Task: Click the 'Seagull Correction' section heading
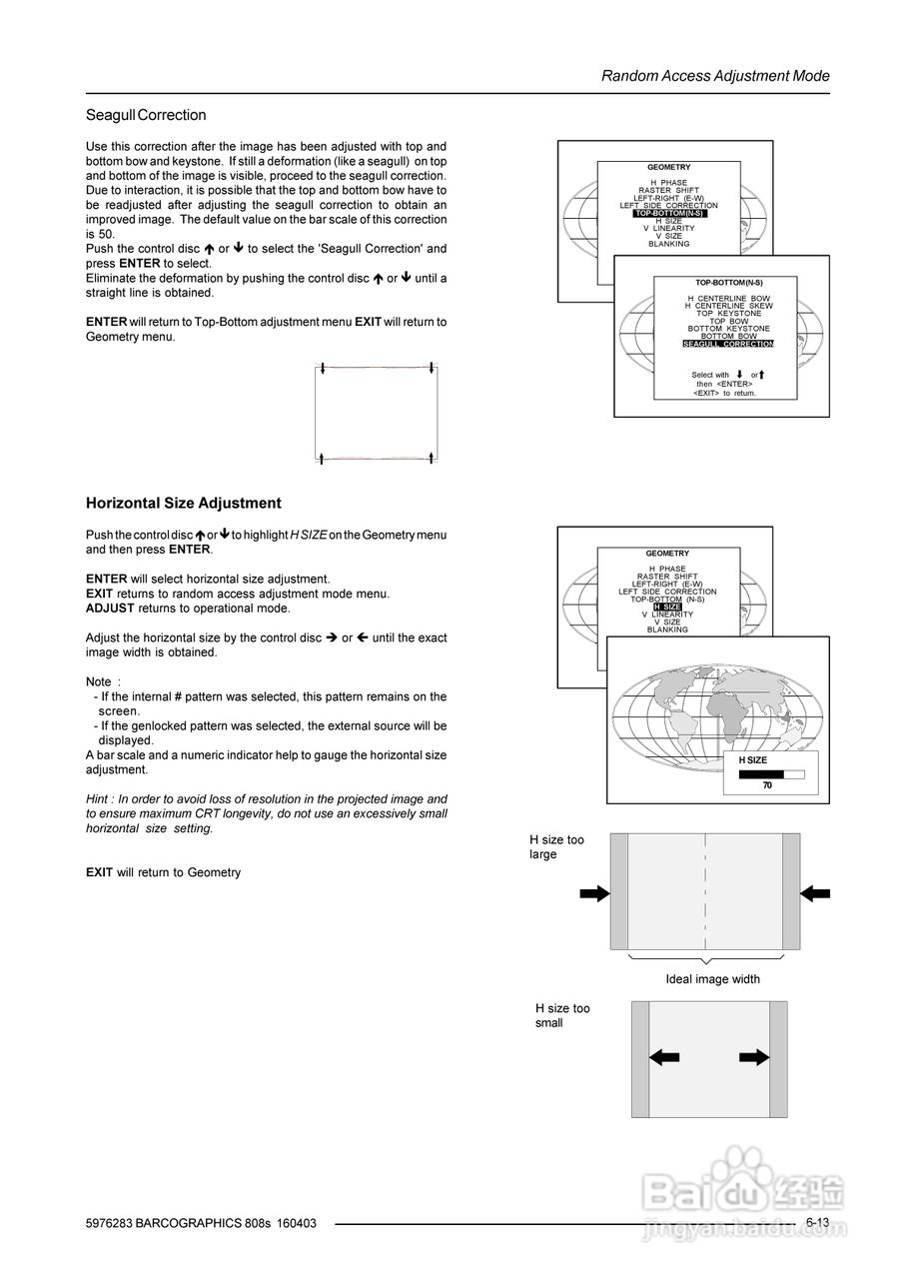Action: click(x=146, y=115)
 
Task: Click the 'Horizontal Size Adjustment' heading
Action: click(x=184, y=504)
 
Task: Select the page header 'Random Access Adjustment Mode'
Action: click(x=715, y=76)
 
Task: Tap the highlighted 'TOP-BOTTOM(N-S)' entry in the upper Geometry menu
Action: click(x=669, y=213)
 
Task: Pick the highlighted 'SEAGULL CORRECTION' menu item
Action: click(x=728, y=344)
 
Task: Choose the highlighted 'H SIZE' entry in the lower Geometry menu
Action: click(x=667, y=607)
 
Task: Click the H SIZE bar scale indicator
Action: click(x=771, y=773)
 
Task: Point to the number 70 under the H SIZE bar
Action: click(x=767, y=786)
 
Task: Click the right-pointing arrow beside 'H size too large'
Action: click(x=594, y=893)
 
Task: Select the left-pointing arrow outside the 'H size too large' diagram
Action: click(x=816, y=892)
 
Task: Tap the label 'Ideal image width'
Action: click(x=712, y=979)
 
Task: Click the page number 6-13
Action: click(x=817, y=1223)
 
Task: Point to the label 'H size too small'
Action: click(x=562, y=1015)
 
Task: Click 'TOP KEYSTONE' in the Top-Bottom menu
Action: click(x=728, y=314)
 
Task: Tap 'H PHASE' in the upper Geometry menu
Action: click(x=668, y=183)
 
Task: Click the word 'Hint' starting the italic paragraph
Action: click(x=98, y=799)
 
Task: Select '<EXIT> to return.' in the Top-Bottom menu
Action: click(x=724, y=394)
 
